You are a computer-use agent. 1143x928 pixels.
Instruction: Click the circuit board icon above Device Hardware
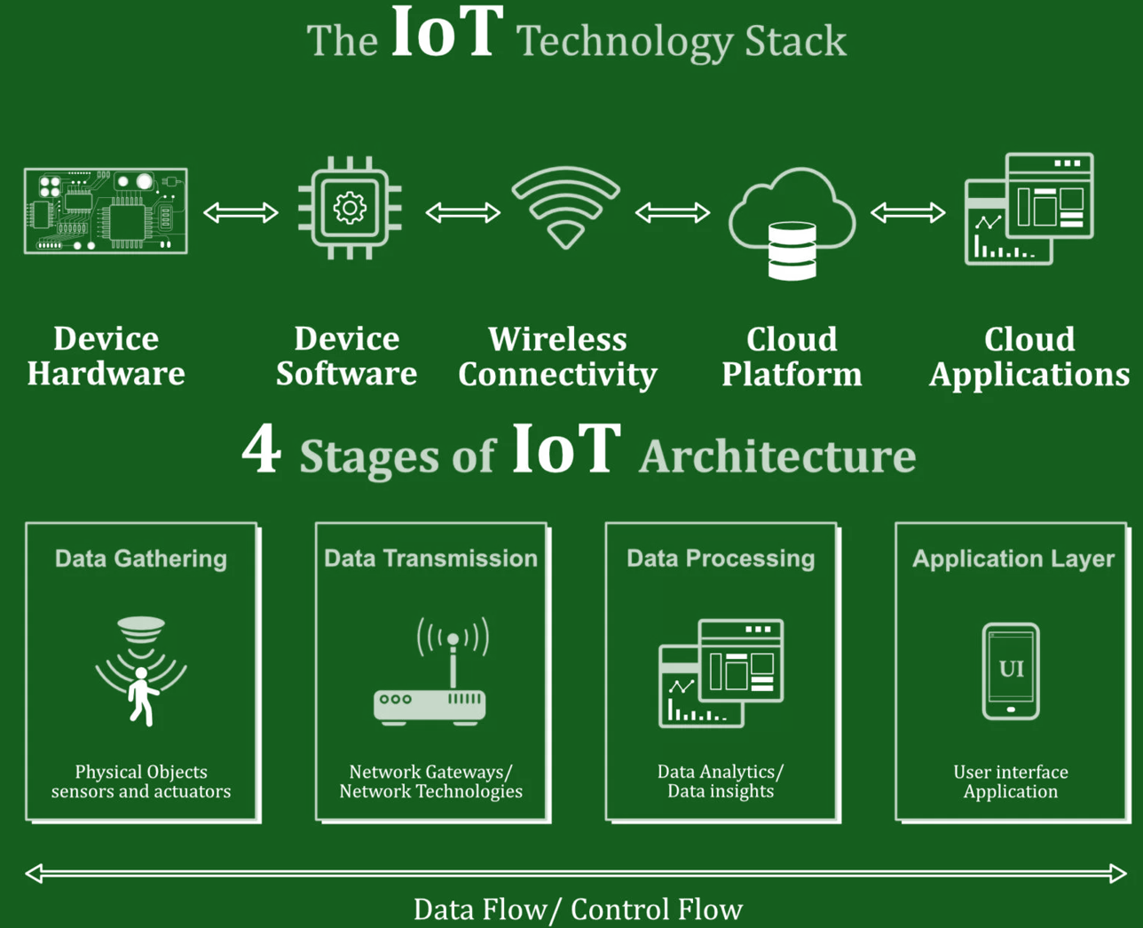[106, 211]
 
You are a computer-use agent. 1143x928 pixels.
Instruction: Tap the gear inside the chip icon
[350, 209]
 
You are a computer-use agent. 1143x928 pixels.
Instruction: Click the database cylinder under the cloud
[792, 251]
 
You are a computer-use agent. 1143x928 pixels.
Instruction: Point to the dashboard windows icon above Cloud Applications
[1029, 210]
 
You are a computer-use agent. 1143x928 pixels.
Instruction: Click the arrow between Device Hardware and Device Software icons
[240, 212]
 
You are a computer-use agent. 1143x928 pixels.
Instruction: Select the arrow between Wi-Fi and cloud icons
[672, 212]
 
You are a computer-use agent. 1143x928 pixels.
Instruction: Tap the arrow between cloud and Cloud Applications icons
[907, 212]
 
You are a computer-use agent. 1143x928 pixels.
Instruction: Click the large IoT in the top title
[447, 34]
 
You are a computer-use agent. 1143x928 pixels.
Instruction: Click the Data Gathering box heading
[141, 559]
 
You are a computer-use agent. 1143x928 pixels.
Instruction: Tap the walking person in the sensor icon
[141, 697]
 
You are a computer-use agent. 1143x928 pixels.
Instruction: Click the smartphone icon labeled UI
[1011, 671]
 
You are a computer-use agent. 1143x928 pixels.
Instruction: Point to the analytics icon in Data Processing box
[721, 673]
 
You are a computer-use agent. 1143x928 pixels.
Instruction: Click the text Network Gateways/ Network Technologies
[430, 781]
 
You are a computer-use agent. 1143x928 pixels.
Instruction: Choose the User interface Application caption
[1011, 781]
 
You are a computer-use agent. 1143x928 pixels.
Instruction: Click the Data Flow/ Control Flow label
[578, 909]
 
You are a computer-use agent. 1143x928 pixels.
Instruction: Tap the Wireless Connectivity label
[557, 356]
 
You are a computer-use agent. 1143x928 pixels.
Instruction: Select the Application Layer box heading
[1013, 559]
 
